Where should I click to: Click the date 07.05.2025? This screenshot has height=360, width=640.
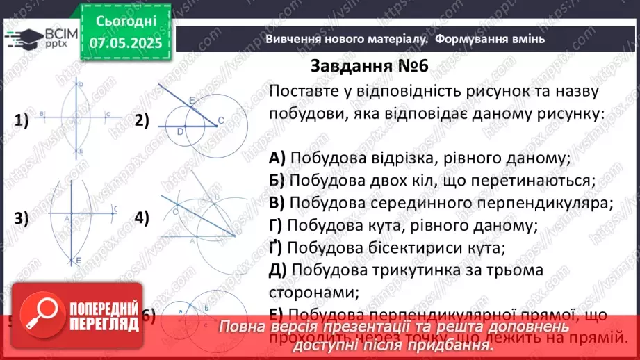125,42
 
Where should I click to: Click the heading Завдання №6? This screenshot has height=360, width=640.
369,66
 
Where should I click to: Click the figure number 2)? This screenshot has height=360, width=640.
142,121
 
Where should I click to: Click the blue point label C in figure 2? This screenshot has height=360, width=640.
221,121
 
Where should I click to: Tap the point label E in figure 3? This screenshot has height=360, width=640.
79,260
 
